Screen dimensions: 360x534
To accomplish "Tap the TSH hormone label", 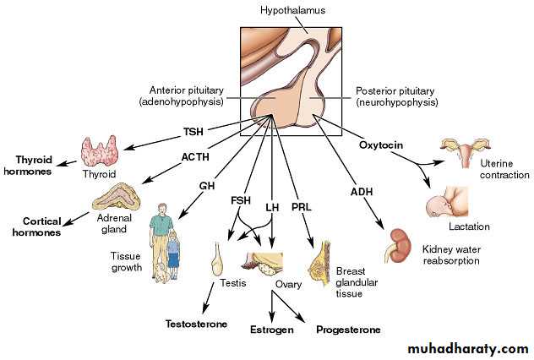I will click(x=194, y=132).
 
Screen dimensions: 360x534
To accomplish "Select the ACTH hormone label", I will click(x=195, y=158).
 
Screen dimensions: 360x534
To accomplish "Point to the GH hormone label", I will click(x=207, y=185).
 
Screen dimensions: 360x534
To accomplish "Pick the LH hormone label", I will click(x=272, y=207).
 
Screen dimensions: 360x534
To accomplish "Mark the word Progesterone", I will click(x=348, y=330).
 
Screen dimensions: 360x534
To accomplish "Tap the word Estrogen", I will click(x=271, y=330).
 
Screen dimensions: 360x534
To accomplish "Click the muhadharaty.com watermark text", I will click(x=467, y=348).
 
